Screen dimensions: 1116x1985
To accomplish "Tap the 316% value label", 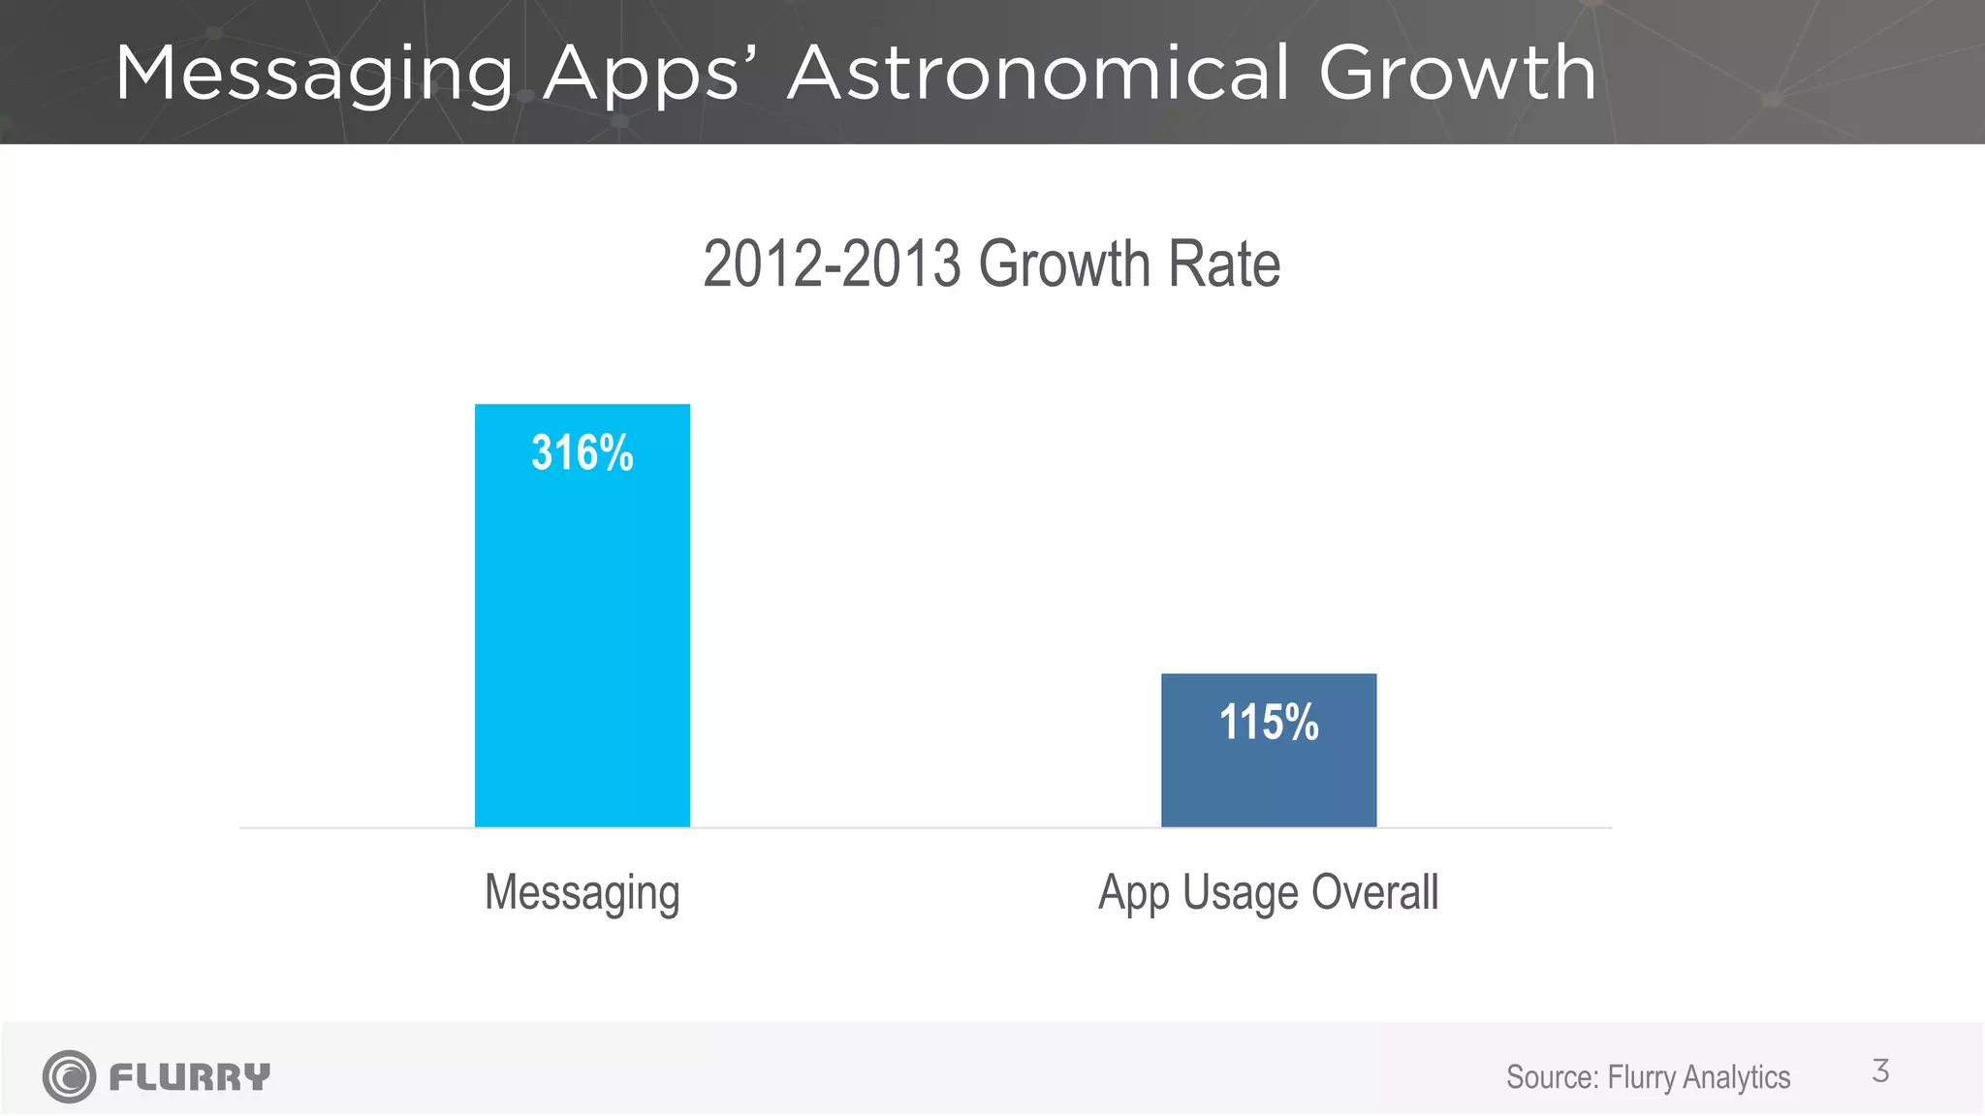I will pos(582,453).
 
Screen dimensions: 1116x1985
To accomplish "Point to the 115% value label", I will pos(1268,723).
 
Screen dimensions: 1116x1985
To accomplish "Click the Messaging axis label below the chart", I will pos(582,893).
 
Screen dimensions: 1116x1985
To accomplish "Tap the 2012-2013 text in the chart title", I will pos(832,264).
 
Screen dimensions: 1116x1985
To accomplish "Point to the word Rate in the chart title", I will pos(1225,264).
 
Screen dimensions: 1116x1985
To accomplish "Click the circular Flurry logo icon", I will pos(69,1076).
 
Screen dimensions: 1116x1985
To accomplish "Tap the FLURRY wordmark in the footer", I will pos(190,1076).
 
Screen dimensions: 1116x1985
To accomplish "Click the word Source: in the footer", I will pos(1552,1077).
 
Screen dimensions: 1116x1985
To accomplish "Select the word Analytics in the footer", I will pos(1737,1077).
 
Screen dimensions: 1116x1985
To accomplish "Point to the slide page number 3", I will pos(1880,1071).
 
